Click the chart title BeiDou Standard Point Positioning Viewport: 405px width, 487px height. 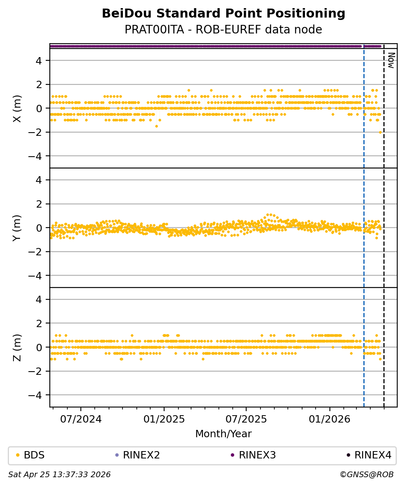223,14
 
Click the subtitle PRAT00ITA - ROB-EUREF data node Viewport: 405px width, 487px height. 223,30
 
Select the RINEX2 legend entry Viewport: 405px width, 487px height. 141,455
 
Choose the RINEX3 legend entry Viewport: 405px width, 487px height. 257,455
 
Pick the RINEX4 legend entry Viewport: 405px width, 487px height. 373,455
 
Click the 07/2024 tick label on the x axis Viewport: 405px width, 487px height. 81,419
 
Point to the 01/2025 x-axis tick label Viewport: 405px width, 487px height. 164,419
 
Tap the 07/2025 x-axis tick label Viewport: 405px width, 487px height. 246,419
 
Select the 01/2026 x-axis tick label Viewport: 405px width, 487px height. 329,419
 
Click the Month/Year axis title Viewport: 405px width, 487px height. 223,434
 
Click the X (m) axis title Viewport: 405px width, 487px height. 17,108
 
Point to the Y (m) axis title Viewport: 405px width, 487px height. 17,228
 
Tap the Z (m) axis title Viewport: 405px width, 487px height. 17,348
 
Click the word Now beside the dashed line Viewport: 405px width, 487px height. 391,60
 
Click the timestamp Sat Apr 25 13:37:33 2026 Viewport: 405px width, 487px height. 60,475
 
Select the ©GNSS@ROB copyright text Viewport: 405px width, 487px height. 367,475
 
